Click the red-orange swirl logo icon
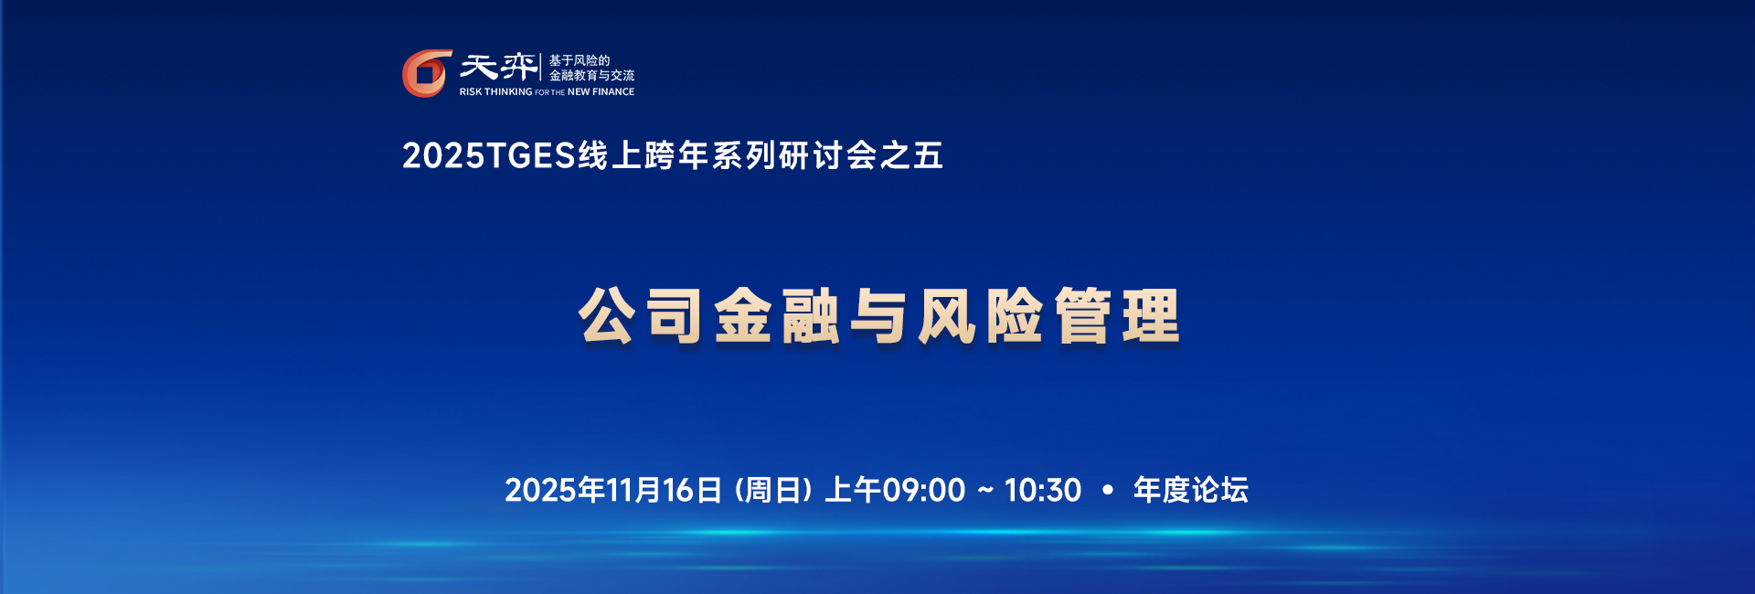click(x=427, y=73)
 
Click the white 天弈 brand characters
click(x=498, y=67)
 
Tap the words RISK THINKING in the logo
click(x=495, y=92)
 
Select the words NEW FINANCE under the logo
click(x=601, y=92)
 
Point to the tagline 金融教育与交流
click(x=591, y=76)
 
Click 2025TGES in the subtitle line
click(x=489, y=156)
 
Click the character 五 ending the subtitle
click(x=928, y=156)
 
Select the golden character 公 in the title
click(x=606, y=316)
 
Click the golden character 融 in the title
click(x=810, y=316)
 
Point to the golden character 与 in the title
click(x=877, y=316)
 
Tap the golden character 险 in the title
click(x=1014, y=316)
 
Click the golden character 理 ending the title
click(x=1150, y=316)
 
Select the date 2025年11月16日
click(x=613, y=491)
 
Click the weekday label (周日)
click(x=773, y=491)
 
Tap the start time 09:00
click(x=923, y=491)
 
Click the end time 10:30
click(x=1043, y=491)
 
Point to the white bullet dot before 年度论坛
click(x=1108, y=491)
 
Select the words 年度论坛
click(x=1191, y=491)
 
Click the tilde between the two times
click(x=985, y=491)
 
